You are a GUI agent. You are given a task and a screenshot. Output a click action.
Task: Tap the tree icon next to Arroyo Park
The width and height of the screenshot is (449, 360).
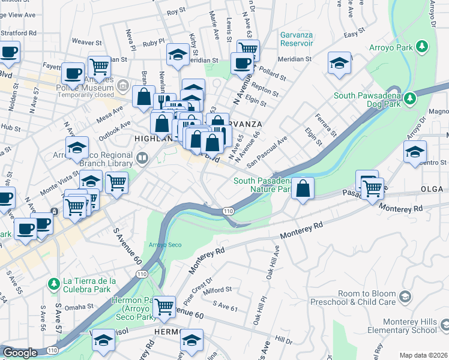422,46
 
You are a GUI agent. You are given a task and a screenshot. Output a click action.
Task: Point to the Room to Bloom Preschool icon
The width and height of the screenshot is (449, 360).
406,297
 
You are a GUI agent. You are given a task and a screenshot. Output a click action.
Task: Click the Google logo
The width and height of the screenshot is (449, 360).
20,353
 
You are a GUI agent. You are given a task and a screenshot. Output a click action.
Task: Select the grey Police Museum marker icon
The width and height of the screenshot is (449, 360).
123,86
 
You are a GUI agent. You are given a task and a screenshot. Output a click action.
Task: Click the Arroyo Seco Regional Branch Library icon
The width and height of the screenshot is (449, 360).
142,159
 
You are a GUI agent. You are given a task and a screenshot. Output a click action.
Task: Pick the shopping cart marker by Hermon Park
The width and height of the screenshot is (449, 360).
164,307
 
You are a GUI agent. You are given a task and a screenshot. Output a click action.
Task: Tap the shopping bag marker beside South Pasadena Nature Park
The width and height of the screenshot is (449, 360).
304,188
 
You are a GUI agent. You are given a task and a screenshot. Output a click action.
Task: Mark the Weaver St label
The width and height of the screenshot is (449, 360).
84,42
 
